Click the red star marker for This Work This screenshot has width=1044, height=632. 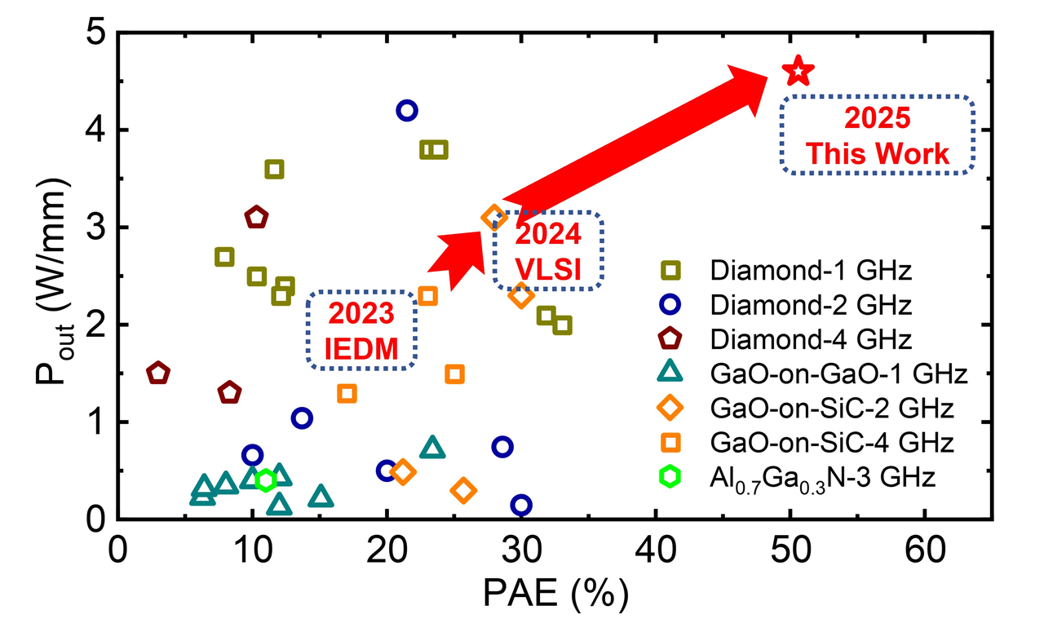(x=798, y=72)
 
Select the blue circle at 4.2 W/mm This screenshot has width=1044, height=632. (x=406, y=110)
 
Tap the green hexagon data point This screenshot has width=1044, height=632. (x=265, y=480)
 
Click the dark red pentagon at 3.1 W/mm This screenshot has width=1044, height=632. (x=256, y=217)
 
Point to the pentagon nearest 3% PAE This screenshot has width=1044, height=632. (x=158, y=373)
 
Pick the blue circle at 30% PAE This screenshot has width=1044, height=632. (x=521, y=506)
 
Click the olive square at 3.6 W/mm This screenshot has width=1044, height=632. (x=274, y=169)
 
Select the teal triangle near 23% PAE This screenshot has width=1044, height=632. (x=432, y=448)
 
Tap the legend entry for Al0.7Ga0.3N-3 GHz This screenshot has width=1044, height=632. (x=820, y=477)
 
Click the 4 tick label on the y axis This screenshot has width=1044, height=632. (x=95, y=130)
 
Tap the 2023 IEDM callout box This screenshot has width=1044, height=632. (x=362, y=331)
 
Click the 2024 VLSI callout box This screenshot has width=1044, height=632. (x=547, y=250)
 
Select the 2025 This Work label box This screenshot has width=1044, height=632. (x=877, y=135)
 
